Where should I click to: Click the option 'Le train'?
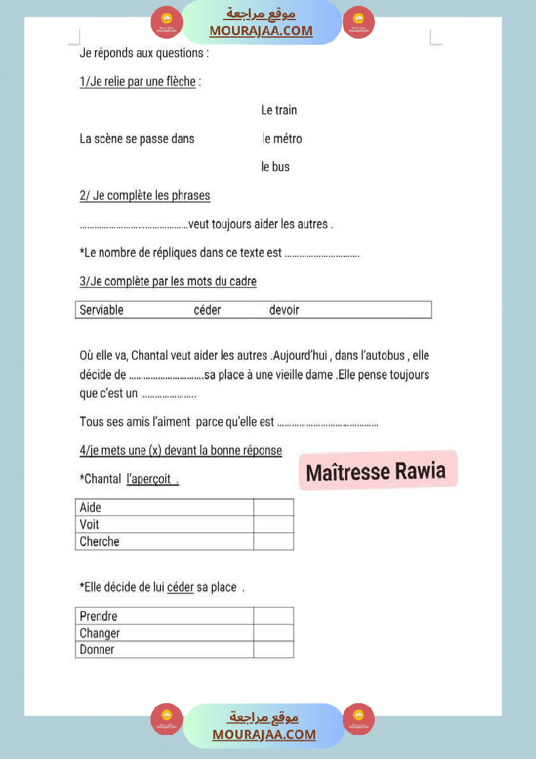click(x=279, y=110)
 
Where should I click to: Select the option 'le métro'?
click(x=282, y=139)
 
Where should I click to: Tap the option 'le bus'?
click(x=275, y=167)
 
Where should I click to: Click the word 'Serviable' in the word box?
click(x=101, y=310)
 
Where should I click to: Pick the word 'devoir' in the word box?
click(x=284, y=310)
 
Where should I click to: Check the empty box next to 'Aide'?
click(x=274, y=508)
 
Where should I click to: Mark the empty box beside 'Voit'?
click(x=274, y=525)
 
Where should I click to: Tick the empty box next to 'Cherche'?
click(x=274, y=541)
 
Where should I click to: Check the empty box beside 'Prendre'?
click(x=274, y=616)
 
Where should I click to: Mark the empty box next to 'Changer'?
click(x=274, y=633)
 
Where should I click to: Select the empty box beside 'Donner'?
click(x=274, y=650)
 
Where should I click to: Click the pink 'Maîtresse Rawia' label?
click(x=376, y=471)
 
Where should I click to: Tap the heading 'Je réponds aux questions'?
click(x=144, y=53)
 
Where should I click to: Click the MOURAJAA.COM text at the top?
click(x=261, y=31)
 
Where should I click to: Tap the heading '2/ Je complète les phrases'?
click(x=145, y=195)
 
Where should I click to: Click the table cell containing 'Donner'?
click(x=164, y=650)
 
